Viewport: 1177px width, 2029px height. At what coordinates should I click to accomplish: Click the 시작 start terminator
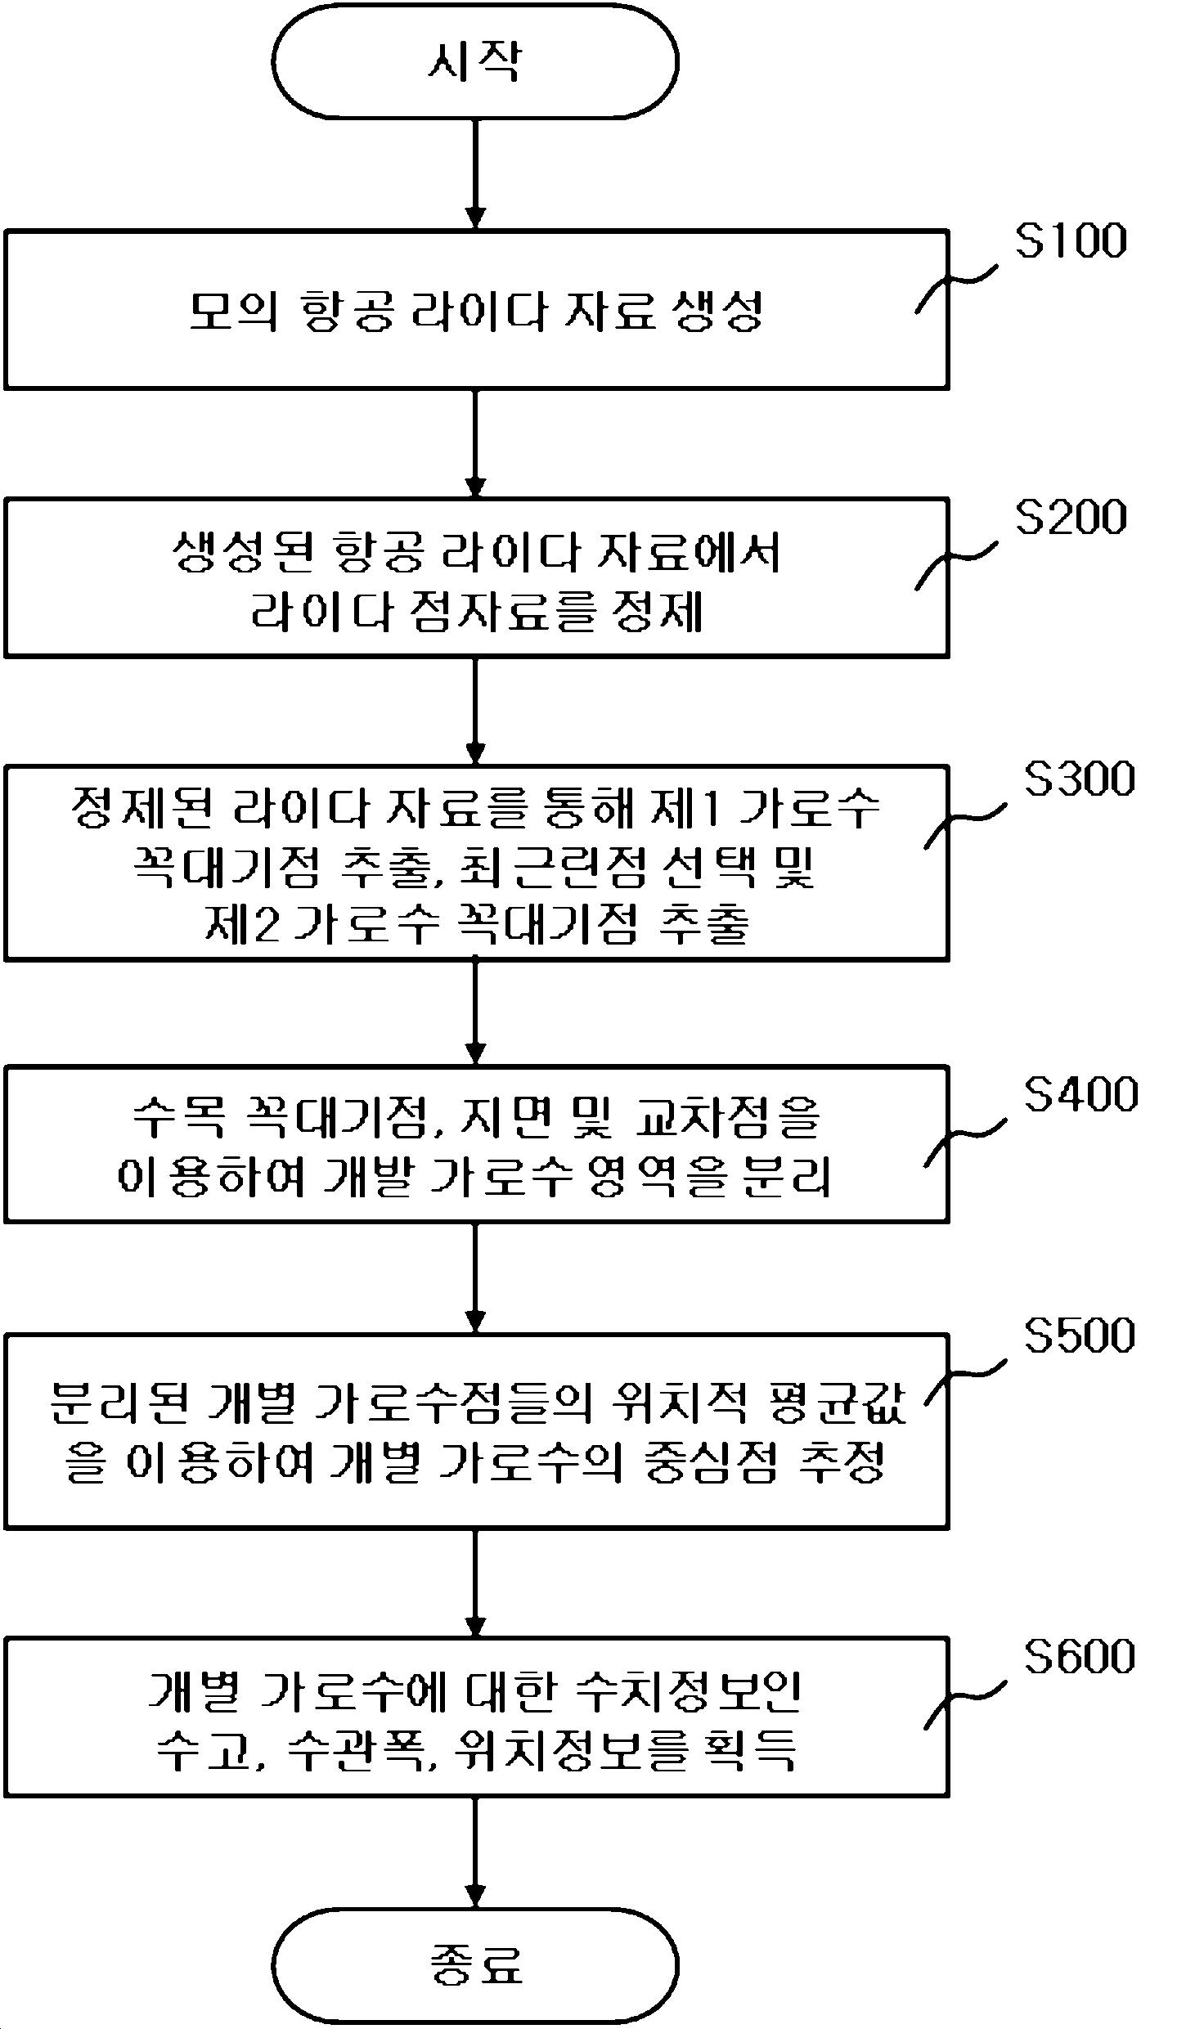(474, 61)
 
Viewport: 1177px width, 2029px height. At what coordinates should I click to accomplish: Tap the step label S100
(1071, 241)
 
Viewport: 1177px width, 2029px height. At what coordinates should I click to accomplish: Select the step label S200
(1071, 518)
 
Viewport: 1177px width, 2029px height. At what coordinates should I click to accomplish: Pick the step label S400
(1080, 1094)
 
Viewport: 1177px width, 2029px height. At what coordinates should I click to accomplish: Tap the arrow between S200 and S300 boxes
(474, 711)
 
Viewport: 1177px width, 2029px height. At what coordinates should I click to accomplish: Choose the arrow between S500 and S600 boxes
(474, 1582)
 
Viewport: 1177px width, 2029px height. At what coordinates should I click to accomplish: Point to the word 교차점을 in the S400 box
(727, 1117)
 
